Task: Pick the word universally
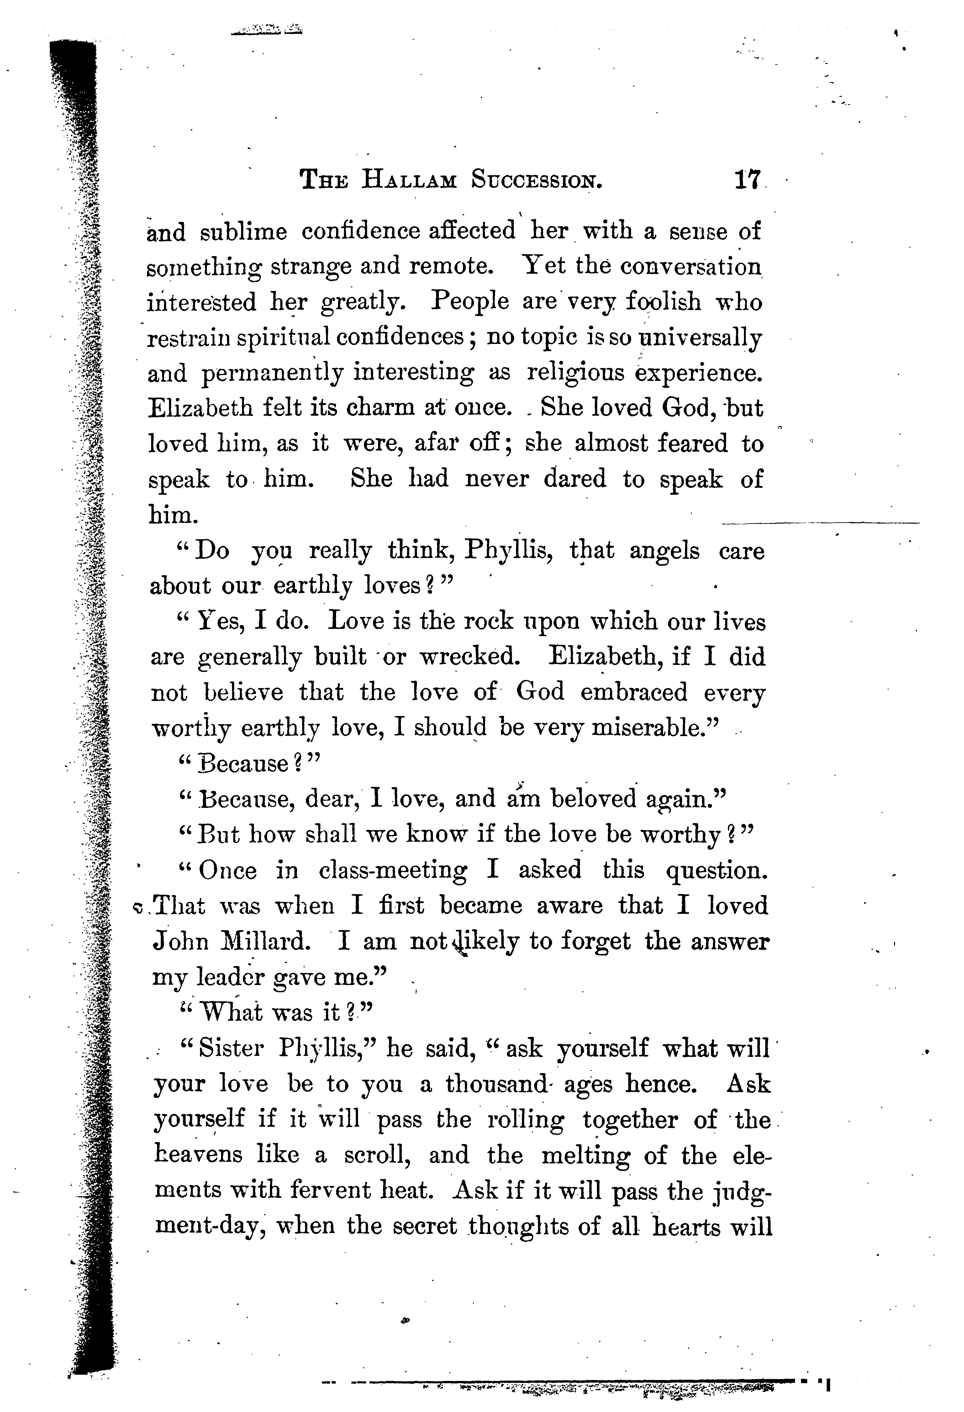[702, 337]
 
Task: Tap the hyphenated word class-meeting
[393, 871]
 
